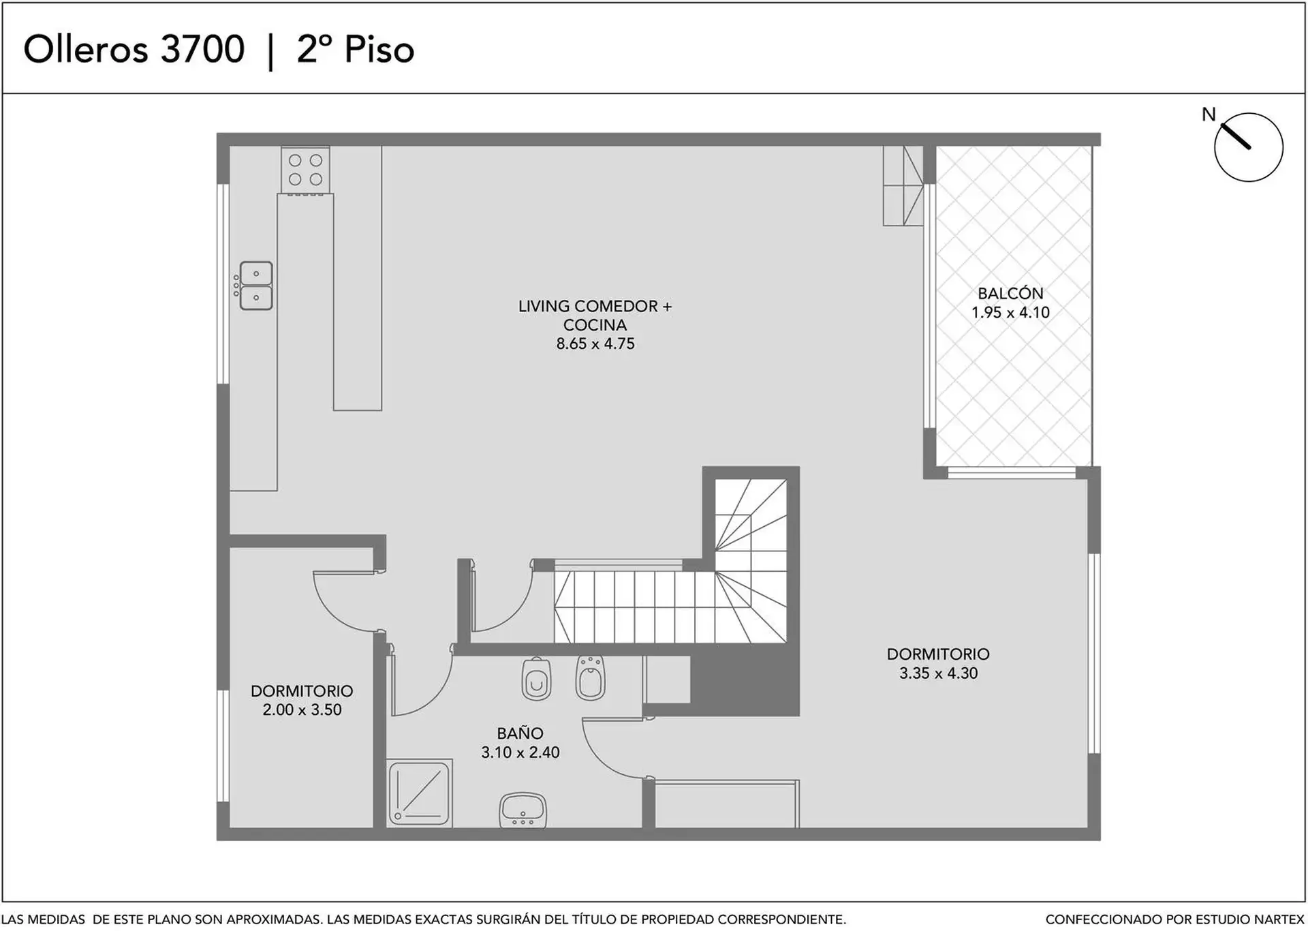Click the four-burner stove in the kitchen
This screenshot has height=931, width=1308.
(305, 170)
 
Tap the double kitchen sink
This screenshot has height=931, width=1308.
(255, 286)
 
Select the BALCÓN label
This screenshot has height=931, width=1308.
(1010, 294)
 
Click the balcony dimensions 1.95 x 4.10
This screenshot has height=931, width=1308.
(1010, 313)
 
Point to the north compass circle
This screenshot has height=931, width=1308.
(1249, 147)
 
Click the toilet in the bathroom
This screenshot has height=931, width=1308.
(536, 679)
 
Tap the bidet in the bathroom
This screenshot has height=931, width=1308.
(590, 678)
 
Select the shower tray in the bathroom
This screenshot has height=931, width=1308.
(419, 793)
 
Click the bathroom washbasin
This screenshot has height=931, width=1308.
(523, 810)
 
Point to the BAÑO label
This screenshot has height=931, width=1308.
(520, 733)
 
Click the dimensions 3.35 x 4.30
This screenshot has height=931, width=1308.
(938, 673)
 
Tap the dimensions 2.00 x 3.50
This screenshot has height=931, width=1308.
(302, 710)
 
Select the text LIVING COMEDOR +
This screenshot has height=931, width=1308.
(595, 307)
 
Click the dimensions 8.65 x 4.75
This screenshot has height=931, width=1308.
(595, 344)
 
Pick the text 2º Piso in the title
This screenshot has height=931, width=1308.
(356, 49)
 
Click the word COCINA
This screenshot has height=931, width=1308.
(595, 325)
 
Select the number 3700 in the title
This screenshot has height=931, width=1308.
(202, 49)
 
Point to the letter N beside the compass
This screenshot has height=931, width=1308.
(1209, 115)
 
